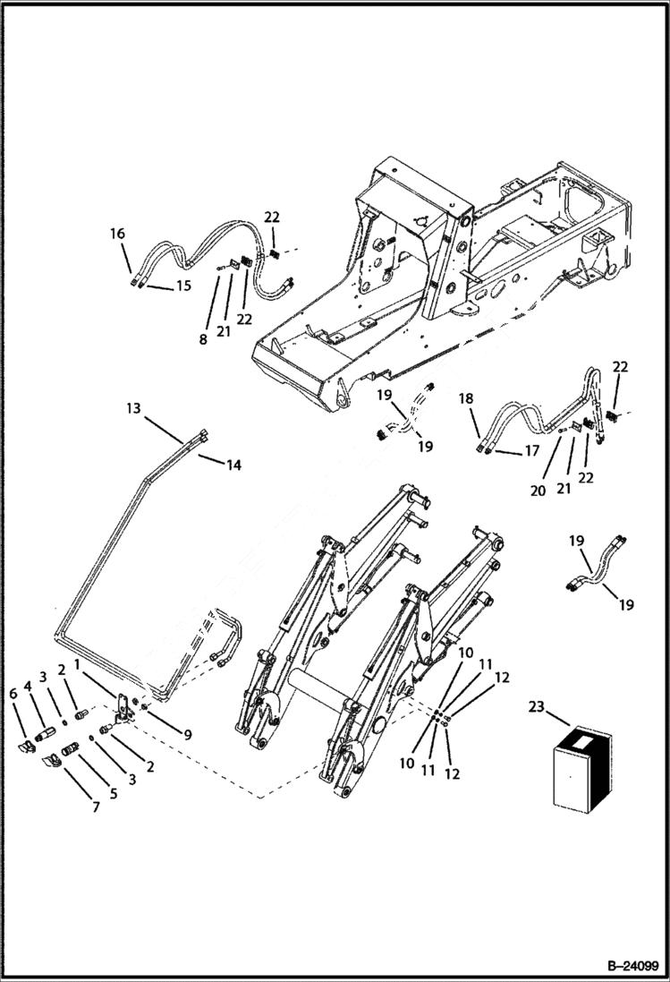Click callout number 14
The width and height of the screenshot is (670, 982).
pyautogui.click(x=233, y=465)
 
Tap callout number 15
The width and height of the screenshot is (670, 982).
pyautogui.click(x=182, y=286)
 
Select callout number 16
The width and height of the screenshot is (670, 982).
pyautogui.click(x=117, y=234)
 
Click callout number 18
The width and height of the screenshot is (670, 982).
pyautogui.click(x=466, y=398)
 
